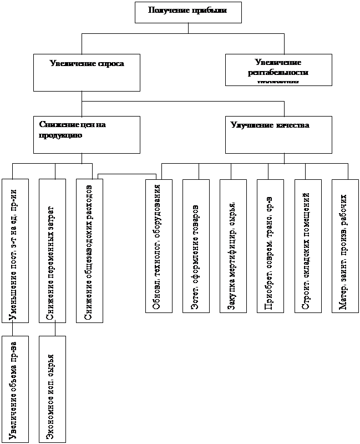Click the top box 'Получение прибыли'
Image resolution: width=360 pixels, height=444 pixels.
pos(188,12)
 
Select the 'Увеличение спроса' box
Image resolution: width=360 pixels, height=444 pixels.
pos(87,72)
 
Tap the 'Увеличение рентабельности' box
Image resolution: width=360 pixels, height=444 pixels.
pos(278,69)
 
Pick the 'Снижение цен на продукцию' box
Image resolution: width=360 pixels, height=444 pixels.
pos(87,134)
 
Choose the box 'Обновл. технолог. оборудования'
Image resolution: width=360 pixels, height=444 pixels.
pos(159,246)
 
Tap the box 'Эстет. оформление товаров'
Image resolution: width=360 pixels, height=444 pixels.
pos(196,246)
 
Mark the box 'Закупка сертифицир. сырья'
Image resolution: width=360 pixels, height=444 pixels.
pos(233,246)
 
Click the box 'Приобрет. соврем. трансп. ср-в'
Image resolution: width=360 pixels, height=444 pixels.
pos(270,246)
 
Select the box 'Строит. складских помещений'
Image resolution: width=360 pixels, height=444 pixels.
pos(307,246)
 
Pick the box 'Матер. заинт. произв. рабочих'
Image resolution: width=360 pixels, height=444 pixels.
pos(344,246)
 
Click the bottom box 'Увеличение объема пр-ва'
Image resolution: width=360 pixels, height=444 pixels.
pos(15,389)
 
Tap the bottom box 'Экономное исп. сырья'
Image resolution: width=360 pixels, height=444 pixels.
pos(53,389)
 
